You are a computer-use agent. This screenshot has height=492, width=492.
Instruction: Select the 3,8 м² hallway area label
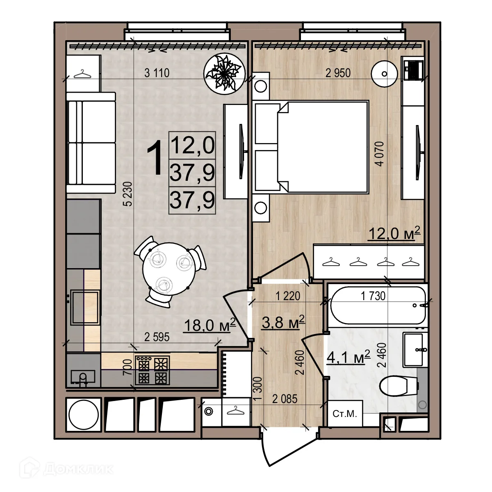(x=283, y=322)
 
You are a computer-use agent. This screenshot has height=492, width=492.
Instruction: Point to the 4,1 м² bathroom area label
(x=348, y=357)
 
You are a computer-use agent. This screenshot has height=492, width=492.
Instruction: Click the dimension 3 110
(x=157, y=73)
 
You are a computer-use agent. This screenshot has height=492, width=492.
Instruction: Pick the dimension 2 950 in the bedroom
(x=338, y=73)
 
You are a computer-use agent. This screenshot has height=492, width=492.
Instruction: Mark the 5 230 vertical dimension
(x=128, y=194)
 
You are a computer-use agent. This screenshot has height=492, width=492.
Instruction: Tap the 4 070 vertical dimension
(x=380, y=154)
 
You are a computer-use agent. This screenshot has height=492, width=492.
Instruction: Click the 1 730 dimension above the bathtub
(x=373, y=296)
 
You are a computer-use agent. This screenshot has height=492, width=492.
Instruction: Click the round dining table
(x=167, y=269)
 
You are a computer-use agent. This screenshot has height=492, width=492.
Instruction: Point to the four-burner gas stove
(x=152, y=371)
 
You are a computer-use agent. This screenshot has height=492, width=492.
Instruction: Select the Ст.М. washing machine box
(x=345, y=414)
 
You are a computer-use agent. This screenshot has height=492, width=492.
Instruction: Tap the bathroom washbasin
(x=415, y=349)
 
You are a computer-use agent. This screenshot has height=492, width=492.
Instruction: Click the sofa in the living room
(x=91, y=143)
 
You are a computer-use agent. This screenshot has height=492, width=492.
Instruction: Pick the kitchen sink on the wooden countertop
(x=85, y=307)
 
